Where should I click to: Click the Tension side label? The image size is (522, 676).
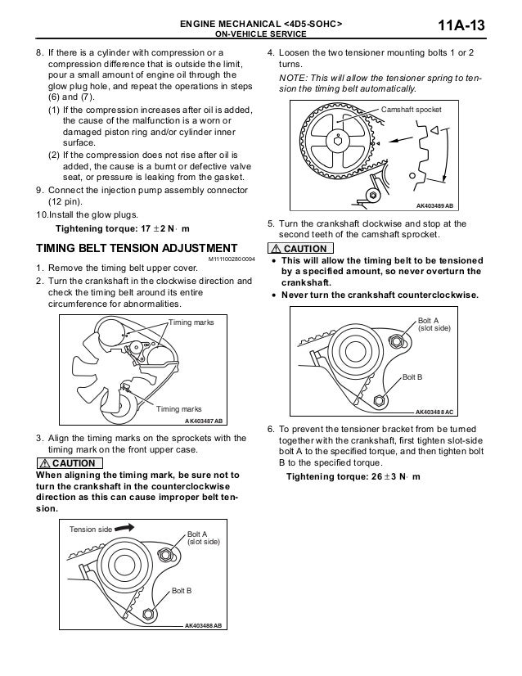coord(89,530)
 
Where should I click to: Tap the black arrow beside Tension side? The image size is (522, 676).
coord(125,528)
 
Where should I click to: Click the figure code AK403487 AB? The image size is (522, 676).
coord(205,421)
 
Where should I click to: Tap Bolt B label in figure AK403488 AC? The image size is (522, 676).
coord(413,376)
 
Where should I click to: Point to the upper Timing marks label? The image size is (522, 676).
coord(191,323)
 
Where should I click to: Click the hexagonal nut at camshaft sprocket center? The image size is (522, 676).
coord(335,139)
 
